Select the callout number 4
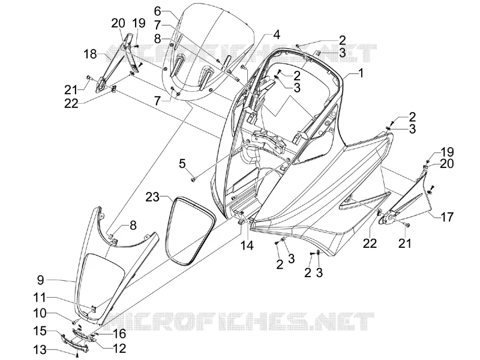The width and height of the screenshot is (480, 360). [x=276, y=35]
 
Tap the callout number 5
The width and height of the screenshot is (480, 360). [x=182, y=164]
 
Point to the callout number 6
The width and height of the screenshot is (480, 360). [x=157, y=11]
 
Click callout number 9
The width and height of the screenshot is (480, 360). [x=41, y=280]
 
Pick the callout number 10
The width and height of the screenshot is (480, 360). [x=40, y=313]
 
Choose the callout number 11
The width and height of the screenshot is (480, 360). [x=40, y=297]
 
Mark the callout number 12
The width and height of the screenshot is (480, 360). [x=119, y=348]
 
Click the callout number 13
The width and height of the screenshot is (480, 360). [x=40, y=349]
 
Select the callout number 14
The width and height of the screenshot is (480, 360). [x=247, y=245]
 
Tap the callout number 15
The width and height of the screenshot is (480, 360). [x=40, y=331]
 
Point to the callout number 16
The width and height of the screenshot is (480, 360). [x=119, y=334]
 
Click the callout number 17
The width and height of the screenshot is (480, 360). [x=446, y=217]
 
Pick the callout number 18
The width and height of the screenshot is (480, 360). [x=90, y=55]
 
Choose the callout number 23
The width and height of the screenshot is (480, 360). [x=152, y=197]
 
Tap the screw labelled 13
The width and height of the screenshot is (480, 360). [x=77, y=355]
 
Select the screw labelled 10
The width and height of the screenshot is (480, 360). [x=74, y=322]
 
